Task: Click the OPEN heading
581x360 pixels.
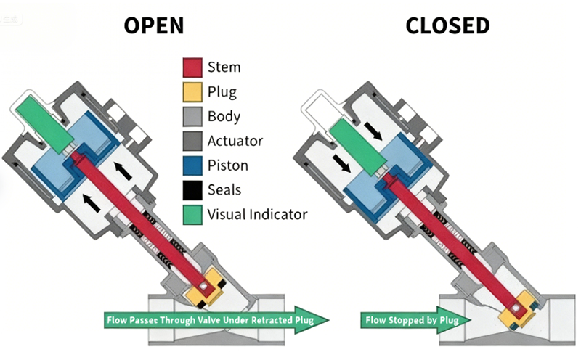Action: [x=153, y=26]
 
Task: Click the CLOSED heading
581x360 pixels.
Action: [x=447, y=26]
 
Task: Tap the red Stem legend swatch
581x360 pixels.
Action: [x=191, y=67]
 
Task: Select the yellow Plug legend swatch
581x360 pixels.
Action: [x=191, y=92]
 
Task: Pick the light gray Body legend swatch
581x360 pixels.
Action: [x=191, y=116]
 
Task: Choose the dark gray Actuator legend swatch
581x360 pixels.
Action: [x=191, y=141]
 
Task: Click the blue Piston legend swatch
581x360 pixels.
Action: [x=191, y=165]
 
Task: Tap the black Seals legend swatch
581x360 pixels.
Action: [x=191, y=190]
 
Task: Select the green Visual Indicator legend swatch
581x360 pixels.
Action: [x=191, y=214]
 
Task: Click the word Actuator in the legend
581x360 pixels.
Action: [x=235, y=141]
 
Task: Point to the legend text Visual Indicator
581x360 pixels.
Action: [x=257, y=214]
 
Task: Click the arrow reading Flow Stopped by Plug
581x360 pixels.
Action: [x=407, y=319]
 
